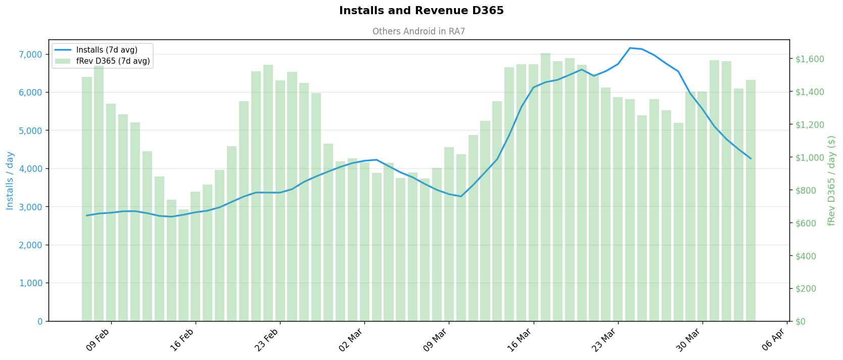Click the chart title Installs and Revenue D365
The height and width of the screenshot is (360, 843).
coord(421,11)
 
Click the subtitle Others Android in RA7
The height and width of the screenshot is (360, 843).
coord(418,31)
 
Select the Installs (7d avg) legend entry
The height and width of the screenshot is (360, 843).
coord(106,50)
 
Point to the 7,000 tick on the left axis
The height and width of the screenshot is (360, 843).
coord(31,54)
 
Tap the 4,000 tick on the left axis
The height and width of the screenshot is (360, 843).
coord(31,168)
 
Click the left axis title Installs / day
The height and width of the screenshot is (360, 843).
coord(10,181)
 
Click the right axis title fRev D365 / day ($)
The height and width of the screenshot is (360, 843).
coord(831,181)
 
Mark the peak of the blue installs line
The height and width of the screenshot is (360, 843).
coord(630,48)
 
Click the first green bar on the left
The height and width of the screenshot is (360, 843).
coord(87,199)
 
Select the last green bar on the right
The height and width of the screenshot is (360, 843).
coord(751,200)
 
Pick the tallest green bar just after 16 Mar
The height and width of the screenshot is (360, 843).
coord(545,187)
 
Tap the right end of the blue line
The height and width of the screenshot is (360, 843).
coord(751,159)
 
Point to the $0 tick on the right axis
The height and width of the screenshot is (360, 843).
coord(801,322)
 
